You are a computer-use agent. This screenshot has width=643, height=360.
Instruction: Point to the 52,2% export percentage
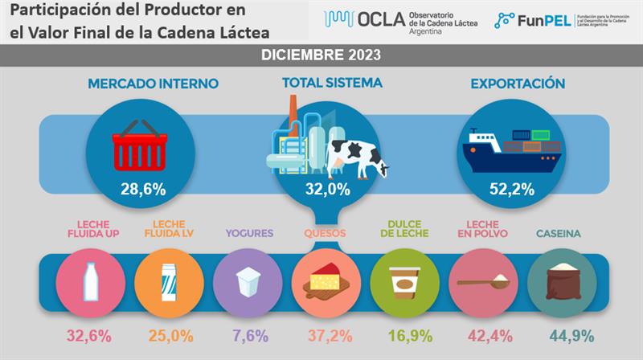(x=510, y=190)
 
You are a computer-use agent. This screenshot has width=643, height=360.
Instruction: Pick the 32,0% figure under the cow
(x=328, y=190)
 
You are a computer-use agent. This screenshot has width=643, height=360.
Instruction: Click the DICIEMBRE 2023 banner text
(x=321, y=55)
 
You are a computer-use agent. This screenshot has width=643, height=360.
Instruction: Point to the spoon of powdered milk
(x=483, y=281)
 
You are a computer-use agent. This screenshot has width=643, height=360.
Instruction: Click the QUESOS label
(x=325, y=234)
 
